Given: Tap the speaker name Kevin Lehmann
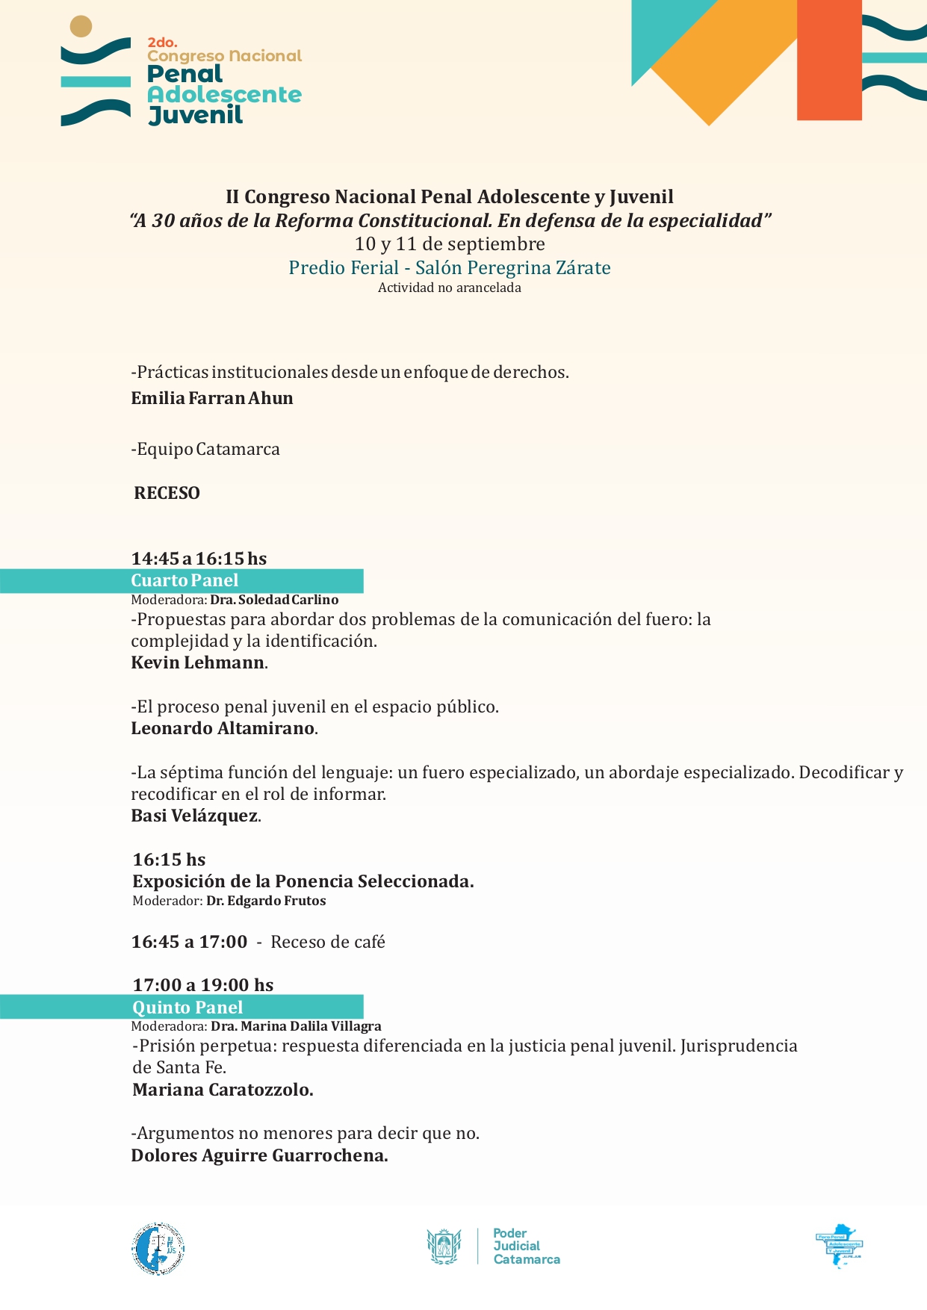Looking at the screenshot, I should coord(198,662).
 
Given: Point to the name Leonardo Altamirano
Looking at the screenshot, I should coord(223,728).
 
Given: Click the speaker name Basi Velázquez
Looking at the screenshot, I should coord(194,816).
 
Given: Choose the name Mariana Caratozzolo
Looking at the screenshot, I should coord(222,1090).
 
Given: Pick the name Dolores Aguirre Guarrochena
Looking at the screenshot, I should coord(258,1155).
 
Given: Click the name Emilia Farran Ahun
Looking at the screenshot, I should coord(212,398).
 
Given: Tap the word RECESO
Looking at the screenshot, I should coord(167,493).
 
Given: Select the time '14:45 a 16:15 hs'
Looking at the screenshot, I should coord(199,559).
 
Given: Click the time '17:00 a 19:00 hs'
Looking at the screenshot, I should coord(203,985).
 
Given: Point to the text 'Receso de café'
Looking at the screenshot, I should coord(328,942).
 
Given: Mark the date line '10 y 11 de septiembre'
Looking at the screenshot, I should coord(450,244).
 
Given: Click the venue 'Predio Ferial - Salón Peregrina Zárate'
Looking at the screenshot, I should coord(450,267).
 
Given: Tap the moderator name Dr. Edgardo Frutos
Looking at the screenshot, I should coord(266,901).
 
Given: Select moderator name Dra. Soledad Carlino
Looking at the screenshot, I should coord(274,600).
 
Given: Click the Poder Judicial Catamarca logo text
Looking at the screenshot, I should coord(526,1246).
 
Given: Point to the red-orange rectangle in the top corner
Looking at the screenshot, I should coord(829,60).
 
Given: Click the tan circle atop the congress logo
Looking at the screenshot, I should coord(81,27).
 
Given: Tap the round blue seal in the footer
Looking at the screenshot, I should coord(158,1249).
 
